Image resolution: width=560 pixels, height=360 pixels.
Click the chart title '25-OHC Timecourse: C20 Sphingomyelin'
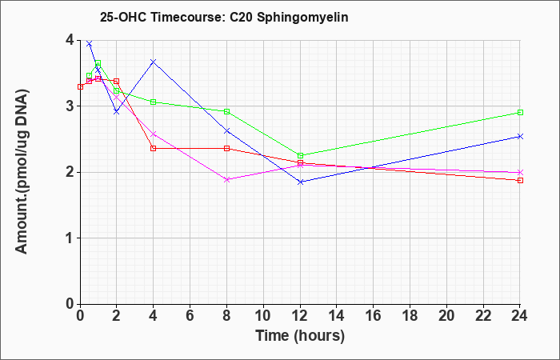[224, 17]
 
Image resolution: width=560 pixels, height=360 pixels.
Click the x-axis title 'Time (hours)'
[300, 336]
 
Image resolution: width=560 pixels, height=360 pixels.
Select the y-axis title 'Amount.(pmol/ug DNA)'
[22, 171]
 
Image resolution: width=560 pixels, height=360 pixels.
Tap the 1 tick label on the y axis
[70, 238]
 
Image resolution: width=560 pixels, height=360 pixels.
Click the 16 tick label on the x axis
[374, 315]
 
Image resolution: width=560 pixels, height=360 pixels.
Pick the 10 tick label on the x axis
[263, 315]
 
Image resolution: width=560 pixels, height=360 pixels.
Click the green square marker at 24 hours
[520, 113]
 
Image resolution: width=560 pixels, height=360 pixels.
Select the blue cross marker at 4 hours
[154, 62]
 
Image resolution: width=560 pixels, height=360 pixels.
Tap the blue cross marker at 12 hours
[300, 182]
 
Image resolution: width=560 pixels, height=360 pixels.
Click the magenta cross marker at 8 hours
[226, 180]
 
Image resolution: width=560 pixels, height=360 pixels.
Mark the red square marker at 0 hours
[80, 86]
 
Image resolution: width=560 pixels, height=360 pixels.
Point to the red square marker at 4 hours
[154, 148]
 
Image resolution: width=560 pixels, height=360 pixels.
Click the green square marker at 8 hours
[226, 111]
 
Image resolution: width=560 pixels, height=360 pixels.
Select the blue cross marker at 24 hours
[520, 137]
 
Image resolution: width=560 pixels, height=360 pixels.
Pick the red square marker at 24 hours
[520, 180]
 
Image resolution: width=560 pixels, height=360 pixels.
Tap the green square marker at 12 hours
[300, 156]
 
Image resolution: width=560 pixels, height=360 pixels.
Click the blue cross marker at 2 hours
[117, 112]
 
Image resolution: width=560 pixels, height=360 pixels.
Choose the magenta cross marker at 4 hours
[154, 134]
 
